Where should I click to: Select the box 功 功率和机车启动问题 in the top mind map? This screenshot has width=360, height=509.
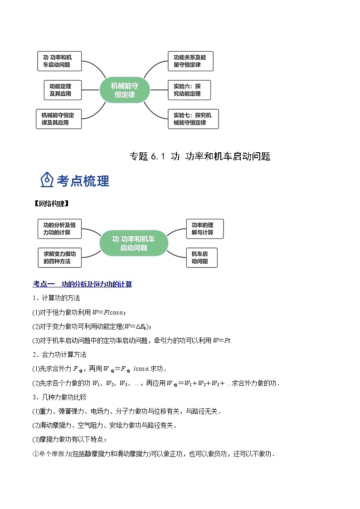click(59, 61)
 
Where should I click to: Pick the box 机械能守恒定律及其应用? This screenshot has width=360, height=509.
click(58, 119)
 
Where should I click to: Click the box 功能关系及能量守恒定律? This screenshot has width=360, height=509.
click(190, 61)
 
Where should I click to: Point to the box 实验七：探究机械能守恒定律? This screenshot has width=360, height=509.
click(192, 119)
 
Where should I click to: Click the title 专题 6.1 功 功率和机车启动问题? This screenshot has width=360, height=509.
click(200, 156)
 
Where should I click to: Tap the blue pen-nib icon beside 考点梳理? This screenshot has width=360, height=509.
click(47, 180)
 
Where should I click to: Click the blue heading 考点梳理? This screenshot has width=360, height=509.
click(83, 181)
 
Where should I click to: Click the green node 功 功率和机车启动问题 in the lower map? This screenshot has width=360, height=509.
click(134, 243)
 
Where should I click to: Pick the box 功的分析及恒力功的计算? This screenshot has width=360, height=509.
click(59, 228)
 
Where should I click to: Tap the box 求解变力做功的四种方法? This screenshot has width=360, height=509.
click(59, 257)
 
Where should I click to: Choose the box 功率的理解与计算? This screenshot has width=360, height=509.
click(204, 228)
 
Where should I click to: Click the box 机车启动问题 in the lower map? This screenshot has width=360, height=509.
click(201, 257)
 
